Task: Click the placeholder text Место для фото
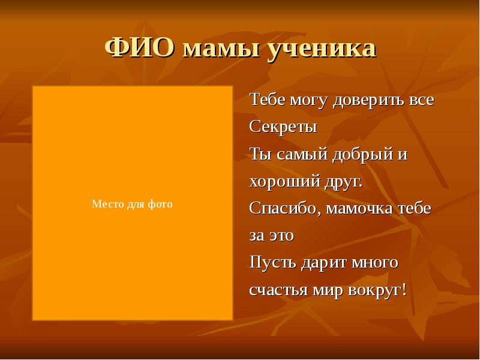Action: (132, 205)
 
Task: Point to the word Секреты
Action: (283, 127)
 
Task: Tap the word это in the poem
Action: (280, 236)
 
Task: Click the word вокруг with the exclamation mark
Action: (377, 290)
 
